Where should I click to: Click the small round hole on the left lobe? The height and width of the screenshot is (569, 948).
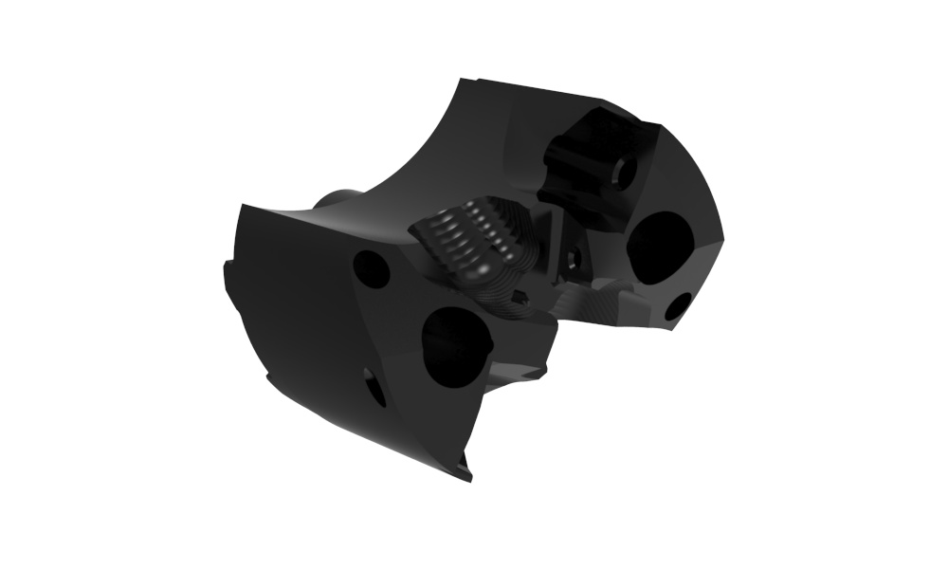tap(372, 269)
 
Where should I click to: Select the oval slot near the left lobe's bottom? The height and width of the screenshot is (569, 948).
tap(374, 386)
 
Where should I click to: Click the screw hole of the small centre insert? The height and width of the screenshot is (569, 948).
tap(574, 257)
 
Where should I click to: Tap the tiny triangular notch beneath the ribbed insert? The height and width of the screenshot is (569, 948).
tap(519, 303)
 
